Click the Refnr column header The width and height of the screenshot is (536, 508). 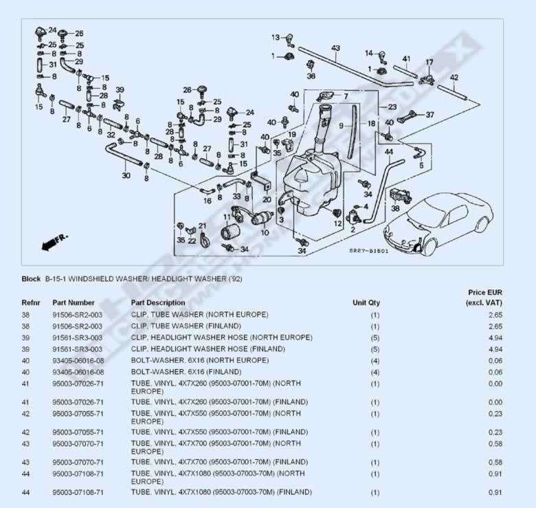coord(31,302)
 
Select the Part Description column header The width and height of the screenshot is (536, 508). coord(158,302)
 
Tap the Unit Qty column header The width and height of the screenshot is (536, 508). coord(366,302)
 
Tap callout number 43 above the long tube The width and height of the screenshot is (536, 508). coord(335,48)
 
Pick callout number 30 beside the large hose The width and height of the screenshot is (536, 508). coord(126,175)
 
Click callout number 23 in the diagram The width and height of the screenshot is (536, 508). coord(392,107)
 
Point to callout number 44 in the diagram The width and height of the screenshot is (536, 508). coord(388,151)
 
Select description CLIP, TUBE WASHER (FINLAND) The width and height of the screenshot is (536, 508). coord(186,326)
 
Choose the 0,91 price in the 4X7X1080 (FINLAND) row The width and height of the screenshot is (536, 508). coord(493,492)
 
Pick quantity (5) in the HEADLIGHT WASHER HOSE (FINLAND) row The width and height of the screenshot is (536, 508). coord(375,349)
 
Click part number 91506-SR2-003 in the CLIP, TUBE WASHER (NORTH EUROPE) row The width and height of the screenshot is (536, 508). coord(78,315)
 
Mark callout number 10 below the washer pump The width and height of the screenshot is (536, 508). coord(264,233)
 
